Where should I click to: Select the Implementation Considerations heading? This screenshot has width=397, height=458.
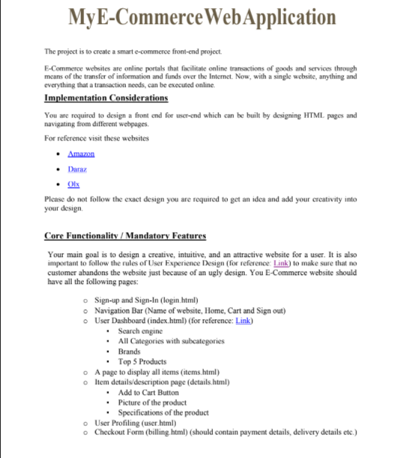pyautogui.click(x=106, y=98)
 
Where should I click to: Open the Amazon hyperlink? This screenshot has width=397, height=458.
pyautogui.click(x=81, y=154)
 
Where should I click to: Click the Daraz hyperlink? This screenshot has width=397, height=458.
pyautogui.click(x=78, y=169)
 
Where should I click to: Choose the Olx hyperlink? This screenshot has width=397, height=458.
pyautogui.click(x=73, y=184)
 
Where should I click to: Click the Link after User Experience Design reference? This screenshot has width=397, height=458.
pyautogui.click(x=282, y=263)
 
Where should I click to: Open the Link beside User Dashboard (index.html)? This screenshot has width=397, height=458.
pyautogui.click(x=243, y=321)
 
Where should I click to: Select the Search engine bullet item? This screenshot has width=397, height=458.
pyautogui.click(x=140, y=331)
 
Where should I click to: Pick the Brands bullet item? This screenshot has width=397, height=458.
pyautogui.click(x=130, y=351)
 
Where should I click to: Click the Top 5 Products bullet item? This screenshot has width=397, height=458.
pyautogui.click(x=142, y=361)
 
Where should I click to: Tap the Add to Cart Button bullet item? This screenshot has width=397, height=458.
pyautogui.click(x=148, y=392)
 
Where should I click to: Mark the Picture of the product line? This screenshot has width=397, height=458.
pyautogui.click(x=153, y=403)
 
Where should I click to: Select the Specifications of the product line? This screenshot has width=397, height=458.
pyautogui.click(x=163, y=412)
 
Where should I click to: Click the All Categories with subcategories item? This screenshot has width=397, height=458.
pyautogui.click(x=171, y=341)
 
